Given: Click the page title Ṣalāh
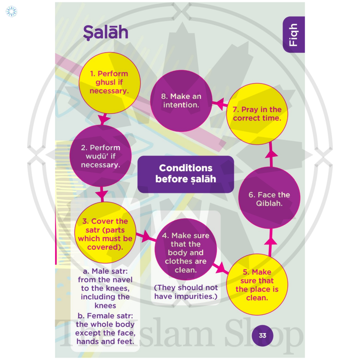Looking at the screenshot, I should pos(106,33).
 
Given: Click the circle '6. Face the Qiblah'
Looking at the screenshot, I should pos(269,199).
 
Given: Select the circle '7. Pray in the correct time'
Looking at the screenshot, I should pos(257,114).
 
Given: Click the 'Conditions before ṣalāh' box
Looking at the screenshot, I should pos(186,173).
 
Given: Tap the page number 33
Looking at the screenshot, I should pos(262,335).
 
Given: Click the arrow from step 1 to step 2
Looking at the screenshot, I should pos(103,119).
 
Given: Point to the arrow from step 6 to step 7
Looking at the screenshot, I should pos(271,154).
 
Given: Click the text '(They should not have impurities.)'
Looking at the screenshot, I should pos(186,292).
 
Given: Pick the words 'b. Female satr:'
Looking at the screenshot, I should pos(105,316).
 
